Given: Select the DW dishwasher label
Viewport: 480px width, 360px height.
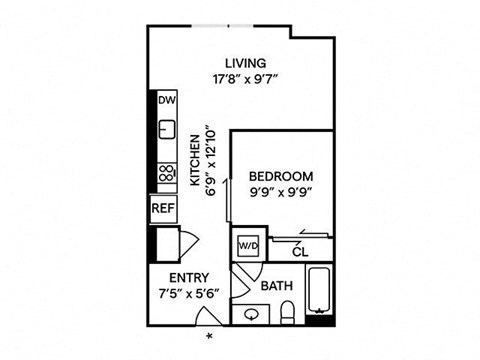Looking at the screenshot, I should (x=166, y=101).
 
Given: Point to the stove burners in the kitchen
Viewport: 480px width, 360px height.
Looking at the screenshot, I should (x=165, y=174).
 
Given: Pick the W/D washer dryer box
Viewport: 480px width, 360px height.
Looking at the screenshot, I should (x=247, y=244).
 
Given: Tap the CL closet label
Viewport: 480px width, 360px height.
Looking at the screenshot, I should (x=300, y=252).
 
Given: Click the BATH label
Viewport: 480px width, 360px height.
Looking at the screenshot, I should (x=275, y=286).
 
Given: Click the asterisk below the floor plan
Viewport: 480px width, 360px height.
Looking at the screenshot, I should (x=209, y=337).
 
